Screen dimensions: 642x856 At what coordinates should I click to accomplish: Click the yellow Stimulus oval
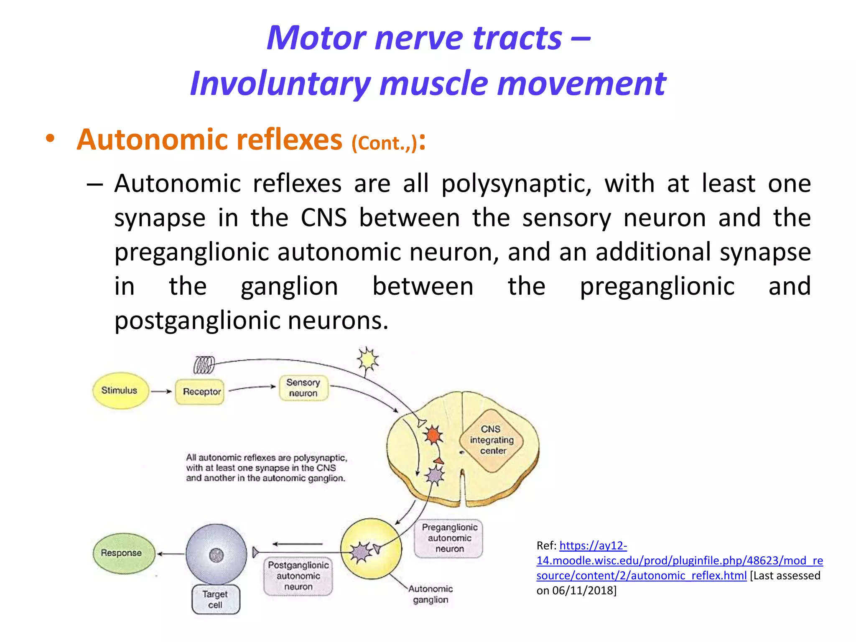[x=120, y=390]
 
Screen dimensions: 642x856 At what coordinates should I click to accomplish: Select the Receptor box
[x=200, y=392]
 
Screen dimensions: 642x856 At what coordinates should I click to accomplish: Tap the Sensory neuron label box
[x=303, y=388]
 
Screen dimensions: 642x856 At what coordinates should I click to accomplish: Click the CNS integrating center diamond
[x=492, y=440]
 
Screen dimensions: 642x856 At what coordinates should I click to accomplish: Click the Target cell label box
[x=216, y=599]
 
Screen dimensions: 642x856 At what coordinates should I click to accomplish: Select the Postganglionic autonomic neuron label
[x=298, y=576]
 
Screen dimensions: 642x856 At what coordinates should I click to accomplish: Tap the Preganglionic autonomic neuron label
[x=449, y=538]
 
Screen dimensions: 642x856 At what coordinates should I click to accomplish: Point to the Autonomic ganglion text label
[x=430, y=594]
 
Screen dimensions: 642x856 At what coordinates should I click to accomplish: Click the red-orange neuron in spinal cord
[x=433, y=436]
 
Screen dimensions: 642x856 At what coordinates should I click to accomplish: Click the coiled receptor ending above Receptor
[x=204, y=365]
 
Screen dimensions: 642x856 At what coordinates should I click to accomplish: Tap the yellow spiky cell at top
[x=367, y=359]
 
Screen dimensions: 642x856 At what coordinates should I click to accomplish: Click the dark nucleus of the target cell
[x=216, y=555]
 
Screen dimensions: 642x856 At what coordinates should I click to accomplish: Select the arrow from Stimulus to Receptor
[x=161, y=392]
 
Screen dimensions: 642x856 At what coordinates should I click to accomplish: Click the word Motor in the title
[x=316, y=38]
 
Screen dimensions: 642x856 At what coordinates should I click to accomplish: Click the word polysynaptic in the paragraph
[x=516, y=184]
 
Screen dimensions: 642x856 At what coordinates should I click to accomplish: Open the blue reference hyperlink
[x=679, y=560]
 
